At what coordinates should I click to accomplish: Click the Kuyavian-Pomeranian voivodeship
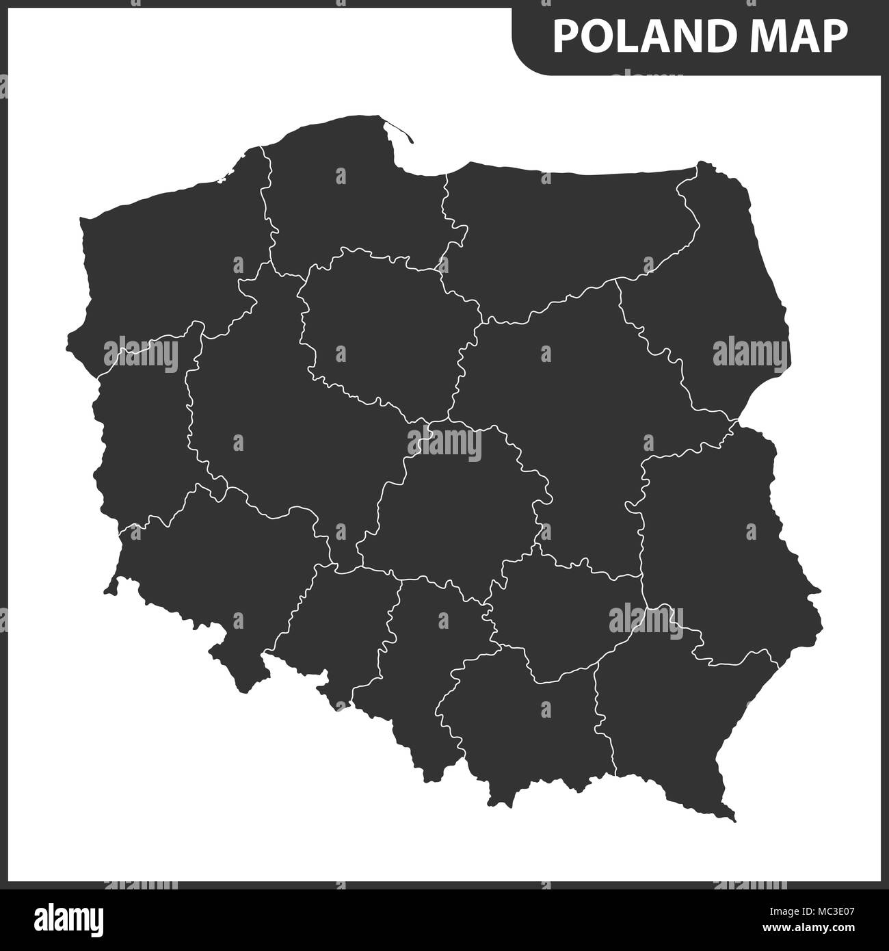(383, 328)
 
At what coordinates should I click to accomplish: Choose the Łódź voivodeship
(451, 506)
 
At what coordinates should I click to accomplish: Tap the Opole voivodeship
(335, 616)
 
